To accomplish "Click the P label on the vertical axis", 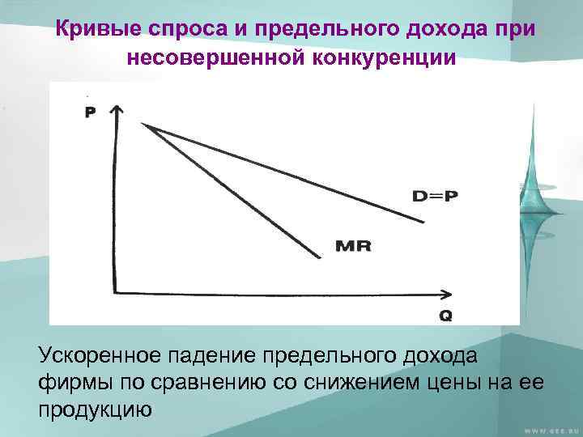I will point(89,112).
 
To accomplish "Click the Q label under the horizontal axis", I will point(445,316).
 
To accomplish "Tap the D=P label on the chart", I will point(434,196).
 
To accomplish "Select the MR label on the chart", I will point(353,245).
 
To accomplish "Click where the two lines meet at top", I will point(143,124).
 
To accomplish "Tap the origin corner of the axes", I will point(117,293).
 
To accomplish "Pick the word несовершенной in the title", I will point(217,58).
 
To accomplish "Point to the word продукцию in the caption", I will point(96,409).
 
